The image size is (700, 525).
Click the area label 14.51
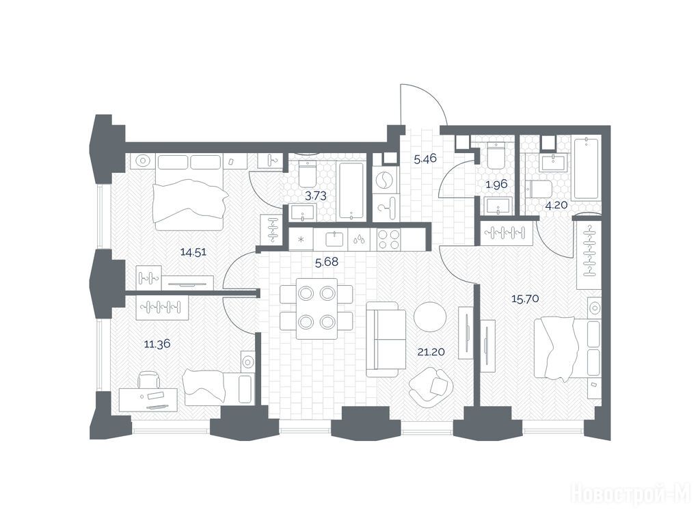[193, 252]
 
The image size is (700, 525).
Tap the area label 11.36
[157, 344]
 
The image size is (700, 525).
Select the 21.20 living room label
[431, 352]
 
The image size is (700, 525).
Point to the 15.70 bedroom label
[525, 299]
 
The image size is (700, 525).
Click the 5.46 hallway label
[425, 159]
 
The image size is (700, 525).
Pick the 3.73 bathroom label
[315, 196]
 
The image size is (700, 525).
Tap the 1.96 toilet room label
[496, 184]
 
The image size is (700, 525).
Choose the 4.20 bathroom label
[556, 205]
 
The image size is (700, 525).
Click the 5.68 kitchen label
[327, 262]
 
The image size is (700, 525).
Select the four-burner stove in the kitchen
[389, 239]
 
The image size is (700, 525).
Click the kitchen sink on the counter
[334, 239]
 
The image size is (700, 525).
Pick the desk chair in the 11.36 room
[149, 379]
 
